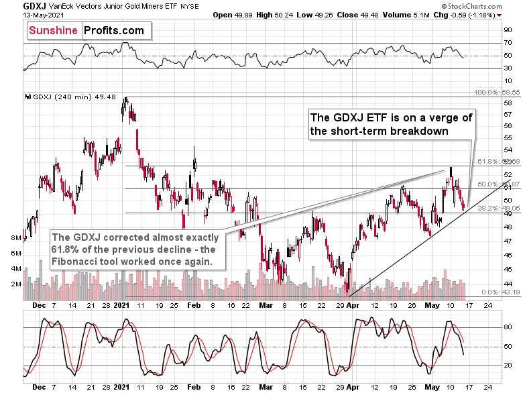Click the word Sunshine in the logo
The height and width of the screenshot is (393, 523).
[x=54, y=30]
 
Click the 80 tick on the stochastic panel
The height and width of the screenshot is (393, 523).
[x=508, y=328]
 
